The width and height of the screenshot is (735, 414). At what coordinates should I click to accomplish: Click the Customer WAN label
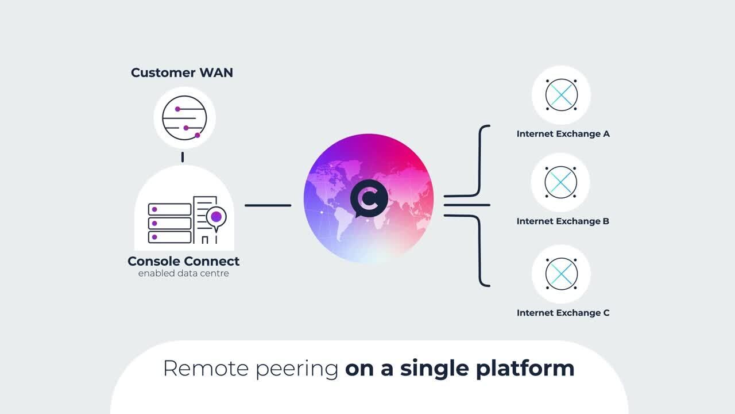(x=182, y=72)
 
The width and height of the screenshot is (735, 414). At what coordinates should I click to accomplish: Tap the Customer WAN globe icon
(x=184, y=117)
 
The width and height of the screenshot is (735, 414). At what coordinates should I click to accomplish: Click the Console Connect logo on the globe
(x=369, y=198)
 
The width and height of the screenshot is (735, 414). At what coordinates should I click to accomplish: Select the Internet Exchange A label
(x=563, y=134)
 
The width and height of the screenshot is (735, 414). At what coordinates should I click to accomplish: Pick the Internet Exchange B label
(x=563, y=221)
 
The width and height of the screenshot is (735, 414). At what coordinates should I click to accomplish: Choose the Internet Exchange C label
(x=563, y=313)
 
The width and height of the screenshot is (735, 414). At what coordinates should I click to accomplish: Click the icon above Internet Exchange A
(x=561, y=95)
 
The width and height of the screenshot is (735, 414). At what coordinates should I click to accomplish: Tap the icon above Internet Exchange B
(x=561, y=182)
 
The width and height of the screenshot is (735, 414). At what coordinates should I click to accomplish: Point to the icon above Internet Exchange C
(x=561, y=273)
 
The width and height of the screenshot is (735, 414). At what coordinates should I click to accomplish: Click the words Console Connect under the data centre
(x=184, y=261)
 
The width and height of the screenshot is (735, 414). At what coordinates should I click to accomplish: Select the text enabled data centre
(x=184, y=274)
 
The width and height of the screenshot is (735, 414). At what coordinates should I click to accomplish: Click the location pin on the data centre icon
(x=216, y=217)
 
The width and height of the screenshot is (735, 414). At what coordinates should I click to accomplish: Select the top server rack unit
(x=169, y=209)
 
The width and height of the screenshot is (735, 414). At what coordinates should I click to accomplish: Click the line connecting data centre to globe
(x=268, y=205)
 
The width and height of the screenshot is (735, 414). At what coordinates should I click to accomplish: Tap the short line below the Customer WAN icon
(x=183, y=156)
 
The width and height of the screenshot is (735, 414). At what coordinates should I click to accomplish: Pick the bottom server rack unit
(x=169, y=237)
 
